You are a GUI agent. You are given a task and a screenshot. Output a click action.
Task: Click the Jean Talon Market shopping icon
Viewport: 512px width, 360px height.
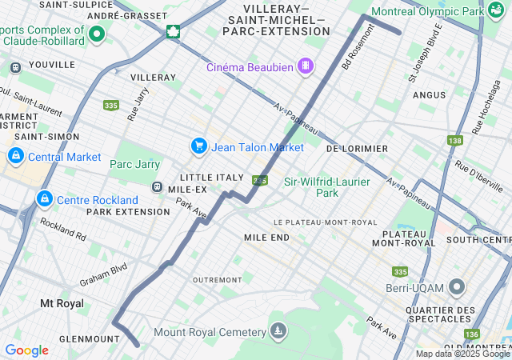(198, 146)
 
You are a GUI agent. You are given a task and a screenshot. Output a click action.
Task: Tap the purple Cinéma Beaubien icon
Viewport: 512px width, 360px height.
(305, 66)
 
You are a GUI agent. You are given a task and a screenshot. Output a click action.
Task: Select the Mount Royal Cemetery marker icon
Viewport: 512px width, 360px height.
(278, 331)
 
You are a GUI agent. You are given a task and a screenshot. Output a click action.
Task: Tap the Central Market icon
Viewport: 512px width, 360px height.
(15, 156)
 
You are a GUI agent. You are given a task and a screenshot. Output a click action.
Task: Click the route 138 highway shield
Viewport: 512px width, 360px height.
(455, 141)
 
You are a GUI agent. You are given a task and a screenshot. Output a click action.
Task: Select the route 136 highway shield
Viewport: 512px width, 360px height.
(472, 334)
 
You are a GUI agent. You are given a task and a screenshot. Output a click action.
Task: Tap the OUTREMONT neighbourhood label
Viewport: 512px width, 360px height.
(218, 279)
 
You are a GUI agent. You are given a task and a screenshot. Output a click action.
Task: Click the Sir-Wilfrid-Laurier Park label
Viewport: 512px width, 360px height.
(327, 187)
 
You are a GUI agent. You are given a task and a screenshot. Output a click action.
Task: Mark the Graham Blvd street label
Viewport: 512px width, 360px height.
(103, 276)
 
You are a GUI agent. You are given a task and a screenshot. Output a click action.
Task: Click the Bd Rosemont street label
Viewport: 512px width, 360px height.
(358, 50)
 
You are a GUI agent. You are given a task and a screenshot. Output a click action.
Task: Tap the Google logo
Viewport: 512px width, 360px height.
(26, 350)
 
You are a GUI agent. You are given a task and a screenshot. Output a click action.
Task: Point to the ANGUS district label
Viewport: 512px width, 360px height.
(429, 94)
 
